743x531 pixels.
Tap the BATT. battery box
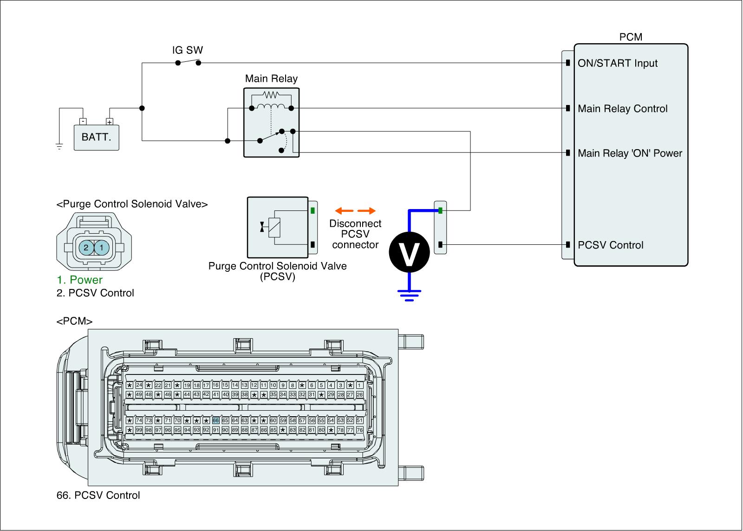pos(96,138)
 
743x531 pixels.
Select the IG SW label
pos(188,50)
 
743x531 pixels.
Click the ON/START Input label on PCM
pos(617,63)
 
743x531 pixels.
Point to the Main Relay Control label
pos(622,109)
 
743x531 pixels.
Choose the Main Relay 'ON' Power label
pos(629,153)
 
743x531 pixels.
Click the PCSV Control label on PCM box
pos(610,245)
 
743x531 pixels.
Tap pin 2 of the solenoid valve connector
pos(86,248)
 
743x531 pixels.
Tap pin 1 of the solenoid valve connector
pos(102,248)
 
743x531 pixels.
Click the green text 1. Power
pos(79,280)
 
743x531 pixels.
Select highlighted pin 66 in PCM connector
pos(215,420)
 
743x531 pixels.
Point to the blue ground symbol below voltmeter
pos(409,295)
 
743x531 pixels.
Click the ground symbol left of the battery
pos(59,147)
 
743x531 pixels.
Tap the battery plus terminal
pos(110,122)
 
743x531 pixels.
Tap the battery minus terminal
pos(83,122)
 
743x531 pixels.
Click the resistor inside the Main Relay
pos(271,95)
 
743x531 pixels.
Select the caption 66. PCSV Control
pos(98,495)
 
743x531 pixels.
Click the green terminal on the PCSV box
pos(313,210)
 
